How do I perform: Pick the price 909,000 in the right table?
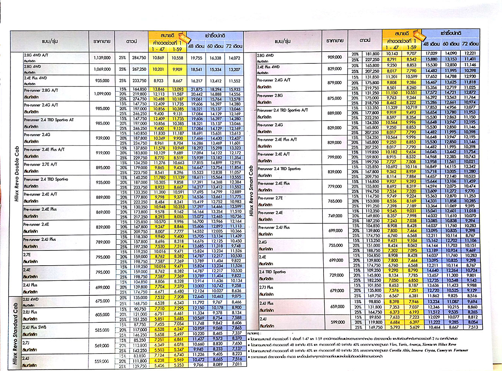pos(335,57)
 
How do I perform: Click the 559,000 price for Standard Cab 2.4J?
pos(101,361)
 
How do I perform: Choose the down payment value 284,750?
pos(139,58)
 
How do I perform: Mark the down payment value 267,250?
pos(139,69)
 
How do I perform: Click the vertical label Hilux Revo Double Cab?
pos(16,174)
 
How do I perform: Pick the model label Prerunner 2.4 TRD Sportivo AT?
pos(49,120)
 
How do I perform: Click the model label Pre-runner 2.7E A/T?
pos(40,164)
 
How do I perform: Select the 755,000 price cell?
pos(336,245)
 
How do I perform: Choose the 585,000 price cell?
pos(102,330)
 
